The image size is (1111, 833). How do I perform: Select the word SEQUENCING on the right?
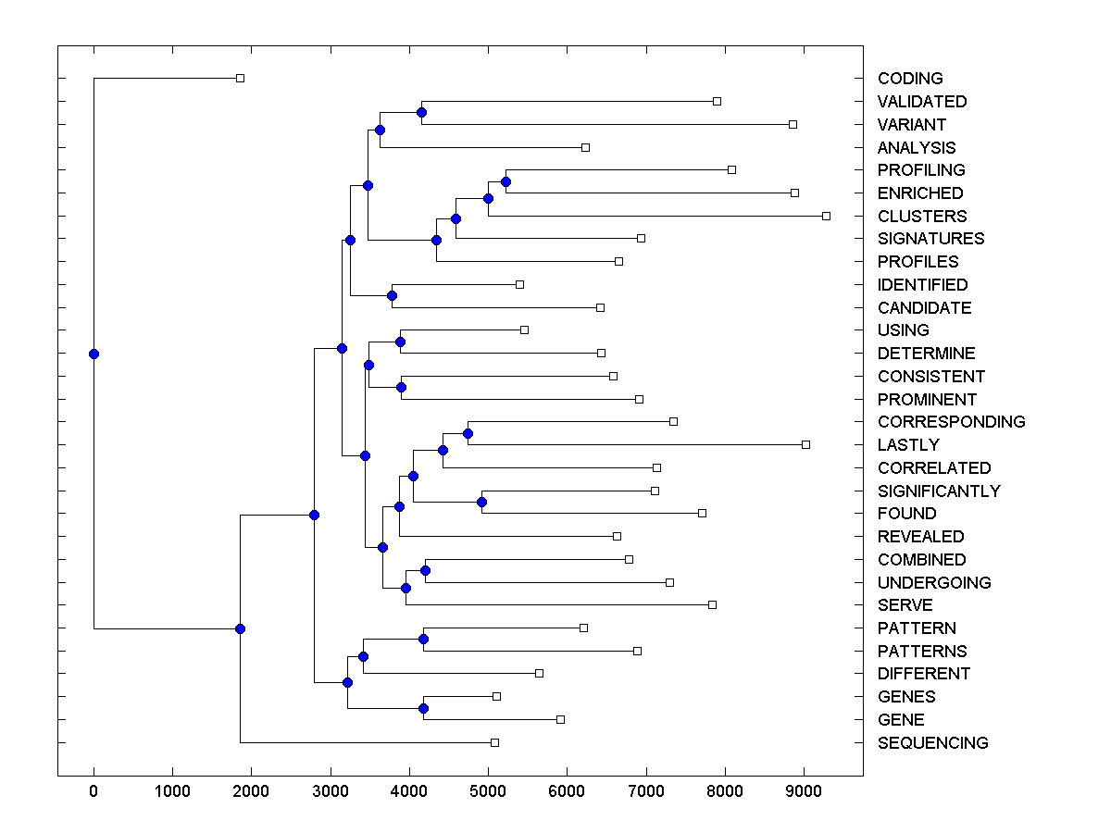(932, 743)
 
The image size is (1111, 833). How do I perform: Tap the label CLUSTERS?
(922, 217)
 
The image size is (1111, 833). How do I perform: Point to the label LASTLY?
(908, 445)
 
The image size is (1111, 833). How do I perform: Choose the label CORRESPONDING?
(951, 422)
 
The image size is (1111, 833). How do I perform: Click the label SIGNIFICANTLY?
(939, 491)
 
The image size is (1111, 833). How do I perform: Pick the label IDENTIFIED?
(922, 285)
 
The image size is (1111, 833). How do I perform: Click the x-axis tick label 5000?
(488, 791)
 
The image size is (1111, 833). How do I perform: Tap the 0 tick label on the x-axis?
(94, 791)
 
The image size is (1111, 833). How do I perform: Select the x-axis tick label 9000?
(804, 791)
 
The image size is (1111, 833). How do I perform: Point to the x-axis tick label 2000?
(251, 791)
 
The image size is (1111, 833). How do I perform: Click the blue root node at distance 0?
(94, 354)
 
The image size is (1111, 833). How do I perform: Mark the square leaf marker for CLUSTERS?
(826, 216)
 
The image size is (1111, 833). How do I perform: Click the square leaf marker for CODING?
(240, 78)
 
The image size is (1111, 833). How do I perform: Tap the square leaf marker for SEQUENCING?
(494, 742)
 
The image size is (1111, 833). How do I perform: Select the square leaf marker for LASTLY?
(805, 444)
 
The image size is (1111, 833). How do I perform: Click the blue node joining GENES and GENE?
(423, 708)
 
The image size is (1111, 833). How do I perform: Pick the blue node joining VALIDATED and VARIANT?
(421, 113)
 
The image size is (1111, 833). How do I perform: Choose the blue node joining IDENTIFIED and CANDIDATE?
(392, 296)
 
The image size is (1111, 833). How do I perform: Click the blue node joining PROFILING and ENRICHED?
(506, 181)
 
